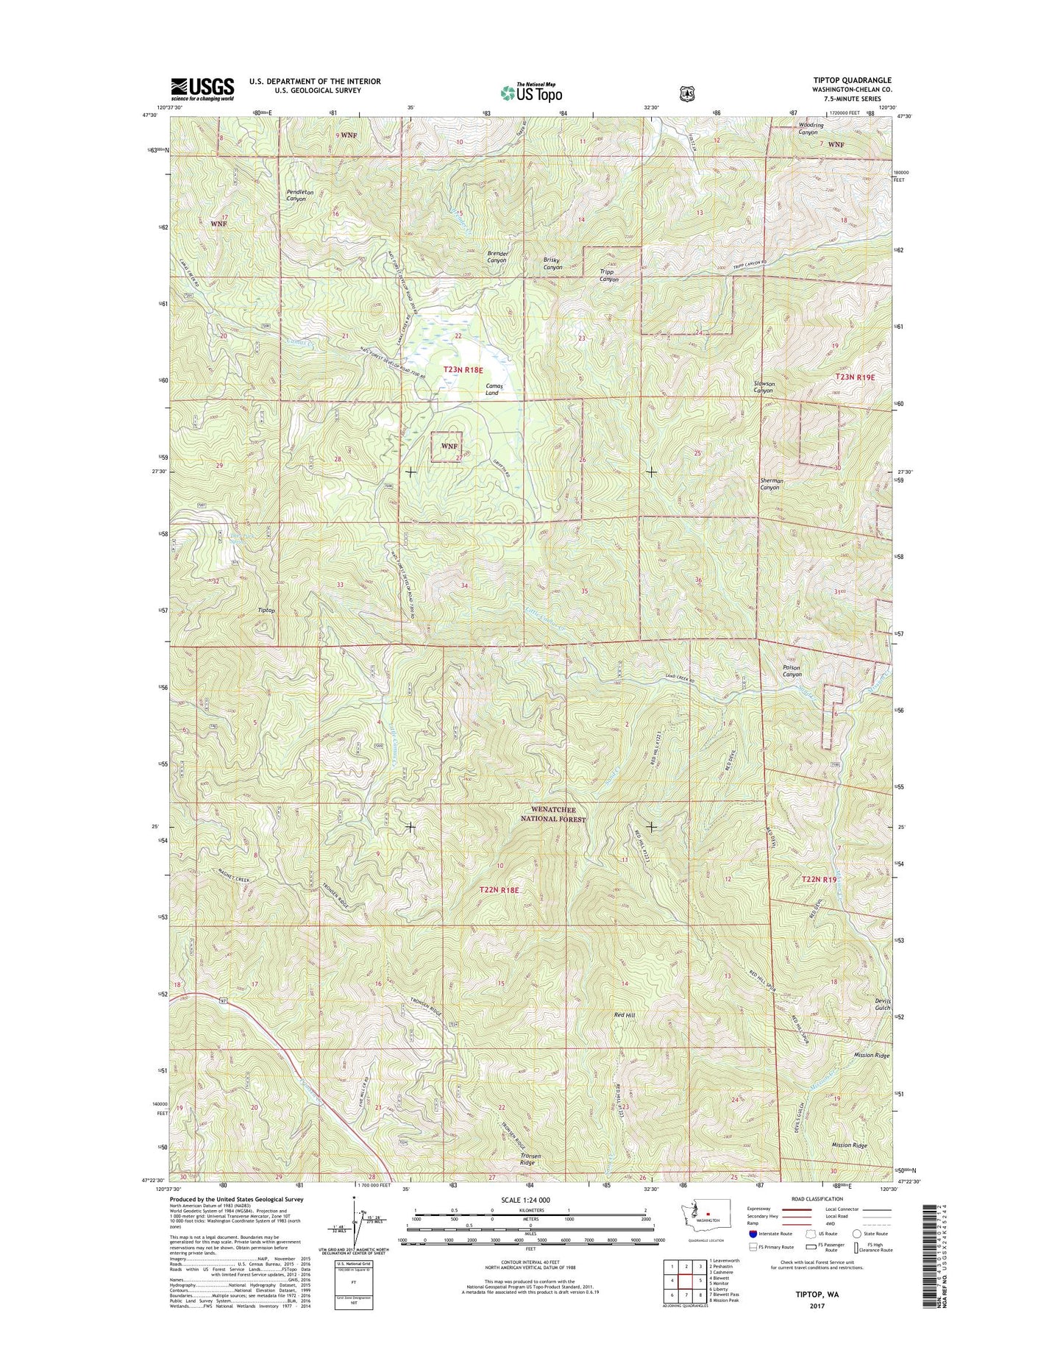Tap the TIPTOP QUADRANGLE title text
[851, 80]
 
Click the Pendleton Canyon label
[300, 195]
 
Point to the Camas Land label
[492, 389]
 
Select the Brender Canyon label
[497, 257]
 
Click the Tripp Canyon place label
[608, 275]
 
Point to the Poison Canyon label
[792, 671]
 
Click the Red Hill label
[624, 1015]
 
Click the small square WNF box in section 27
[447, 447]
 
